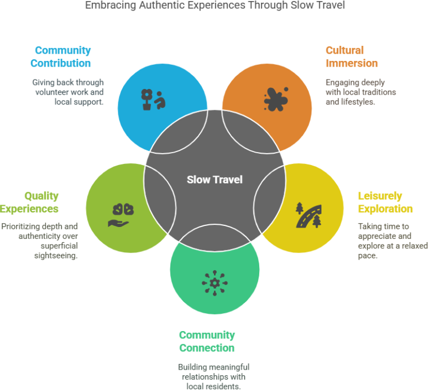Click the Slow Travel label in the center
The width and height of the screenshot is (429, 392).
(214, 180)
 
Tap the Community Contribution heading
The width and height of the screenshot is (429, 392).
(61, 56)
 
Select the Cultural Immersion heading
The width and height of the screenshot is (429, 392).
(351, 56)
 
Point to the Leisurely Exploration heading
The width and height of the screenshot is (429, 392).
(385, 202)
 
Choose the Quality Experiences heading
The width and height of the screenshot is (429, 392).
(29, 202)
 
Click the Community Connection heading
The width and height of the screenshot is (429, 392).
(207, 341)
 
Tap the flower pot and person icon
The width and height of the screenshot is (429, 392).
(153, 100)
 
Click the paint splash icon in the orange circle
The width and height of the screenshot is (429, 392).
(276, 99)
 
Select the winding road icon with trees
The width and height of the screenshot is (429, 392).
(308, 215)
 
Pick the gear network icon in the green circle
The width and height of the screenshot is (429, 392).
(214, 283)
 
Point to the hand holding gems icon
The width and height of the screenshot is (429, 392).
(121, 215)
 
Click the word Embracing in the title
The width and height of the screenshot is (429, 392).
(110, 5)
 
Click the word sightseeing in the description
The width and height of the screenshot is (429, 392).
(55, 256)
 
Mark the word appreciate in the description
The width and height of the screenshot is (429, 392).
(375, 236)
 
